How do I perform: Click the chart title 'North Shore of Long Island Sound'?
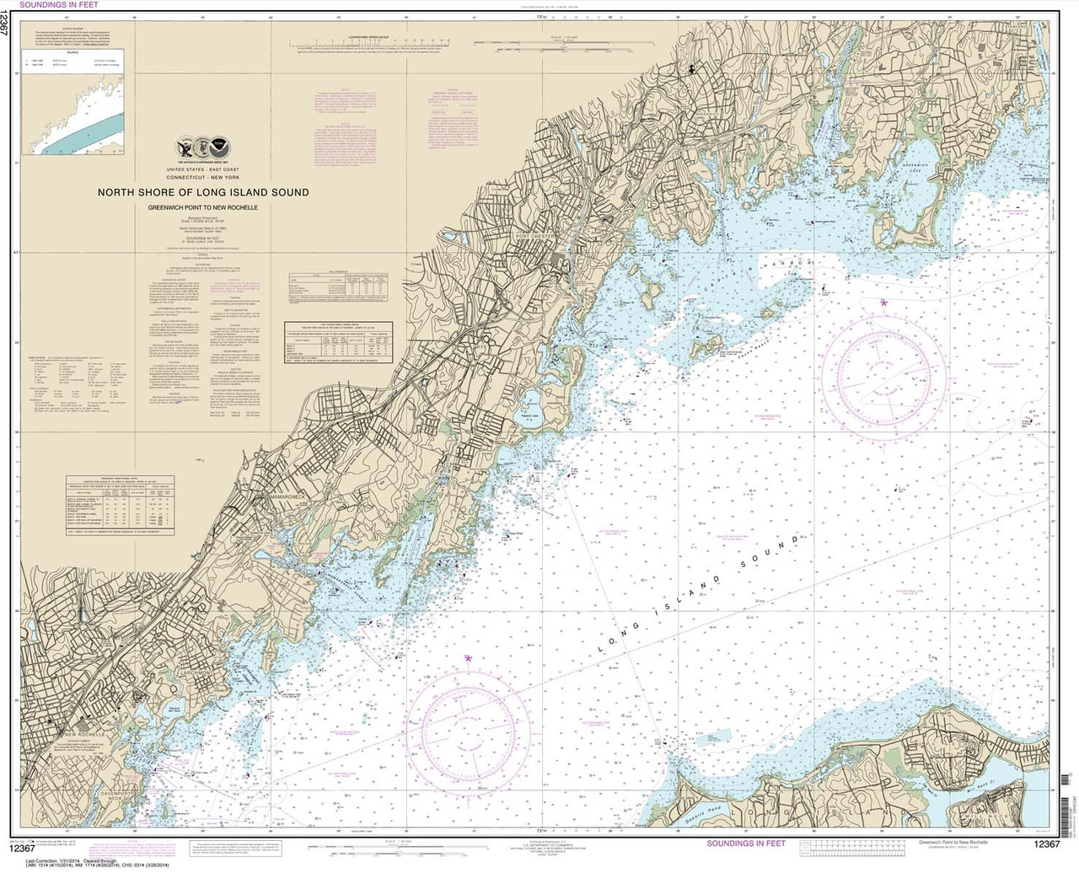click(202, 192)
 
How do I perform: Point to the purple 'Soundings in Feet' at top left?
click(63, 7)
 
